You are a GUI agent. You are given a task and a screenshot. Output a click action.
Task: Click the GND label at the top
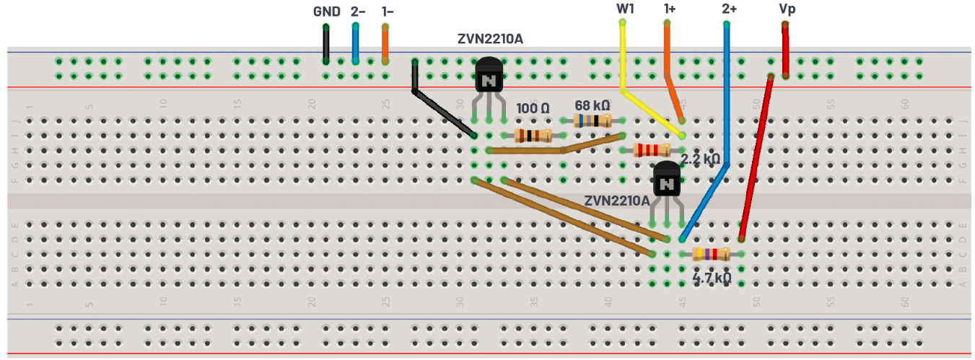click(x=326, y=12)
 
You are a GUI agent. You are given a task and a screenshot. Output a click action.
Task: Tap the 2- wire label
click(x=358, y=12)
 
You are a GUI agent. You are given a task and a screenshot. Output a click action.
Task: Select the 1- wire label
click(x=388, y=12)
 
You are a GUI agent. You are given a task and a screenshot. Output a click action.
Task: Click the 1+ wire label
click(x=670, y=9)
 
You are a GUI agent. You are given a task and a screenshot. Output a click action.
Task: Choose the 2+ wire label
click(x=730, y=9)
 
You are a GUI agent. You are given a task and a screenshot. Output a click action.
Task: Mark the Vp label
click(x=787, y=9)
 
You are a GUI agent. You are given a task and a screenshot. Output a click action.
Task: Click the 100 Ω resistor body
click(x=533, y=136)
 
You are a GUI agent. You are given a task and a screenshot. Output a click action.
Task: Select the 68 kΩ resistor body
click(x=592, y=121)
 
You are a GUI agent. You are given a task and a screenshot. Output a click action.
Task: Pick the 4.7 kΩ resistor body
click(x=711, y=253)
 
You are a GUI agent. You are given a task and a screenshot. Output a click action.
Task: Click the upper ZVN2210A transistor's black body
click(x=489, y=76)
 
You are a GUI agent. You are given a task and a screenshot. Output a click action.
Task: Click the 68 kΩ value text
click(x=593, y=105)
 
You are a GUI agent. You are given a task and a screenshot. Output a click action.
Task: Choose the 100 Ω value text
click(x=533, y=108)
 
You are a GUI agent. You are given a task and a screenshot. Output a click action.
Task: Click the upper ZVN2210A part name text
click(x=490, y=39)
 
